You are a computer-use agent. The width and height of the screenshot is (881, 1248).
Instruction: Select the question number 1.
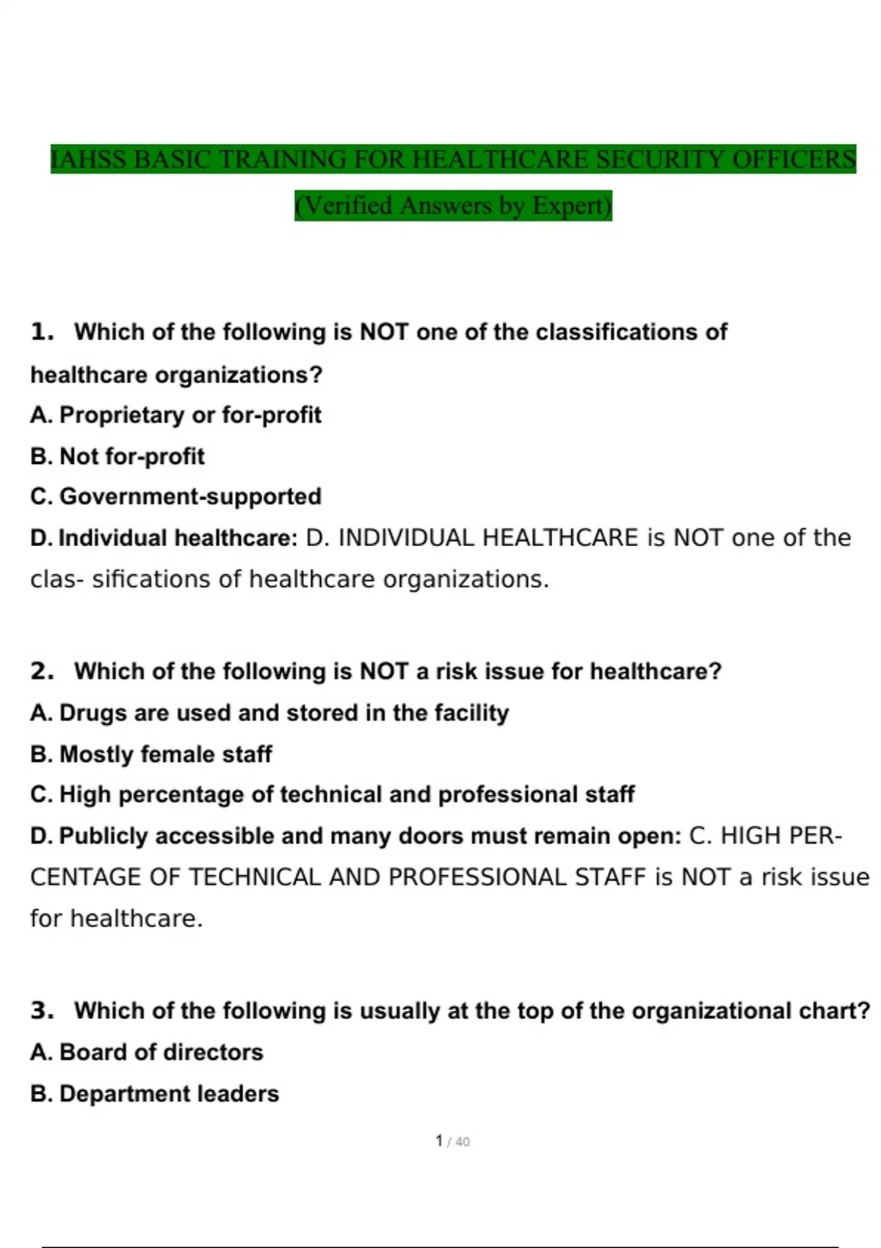(x=43, y=332)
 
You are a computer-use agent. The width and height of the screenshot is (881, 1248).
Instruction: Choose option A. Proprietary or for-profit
(x=175, y=415)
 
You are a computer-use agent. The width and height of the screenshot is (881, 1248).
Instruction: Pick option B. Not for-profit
(x=117, y=456)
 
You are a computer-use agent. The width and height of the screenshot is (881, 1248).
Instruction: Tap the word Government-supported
(x=190, y=496)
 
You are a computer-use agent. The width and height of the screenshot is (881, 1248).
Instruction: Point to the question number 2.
(x=43, y=671)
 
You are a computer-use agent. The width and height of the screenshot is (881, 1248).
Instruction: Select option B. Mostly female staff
(x=151, y=754)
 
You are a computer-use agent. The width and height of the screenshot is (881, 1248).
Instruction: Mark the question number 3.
(x=43, y=1010)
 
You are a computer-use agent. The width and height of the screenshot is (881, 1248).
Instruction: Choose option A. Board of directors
(x=147, y=1052)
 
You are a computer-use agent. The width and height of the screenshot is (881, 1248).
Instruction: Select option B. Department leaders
(x=155, y=1093)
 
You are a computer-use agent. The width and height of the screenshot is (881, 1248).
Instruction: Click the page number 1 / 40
(x=452, y=1141)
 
